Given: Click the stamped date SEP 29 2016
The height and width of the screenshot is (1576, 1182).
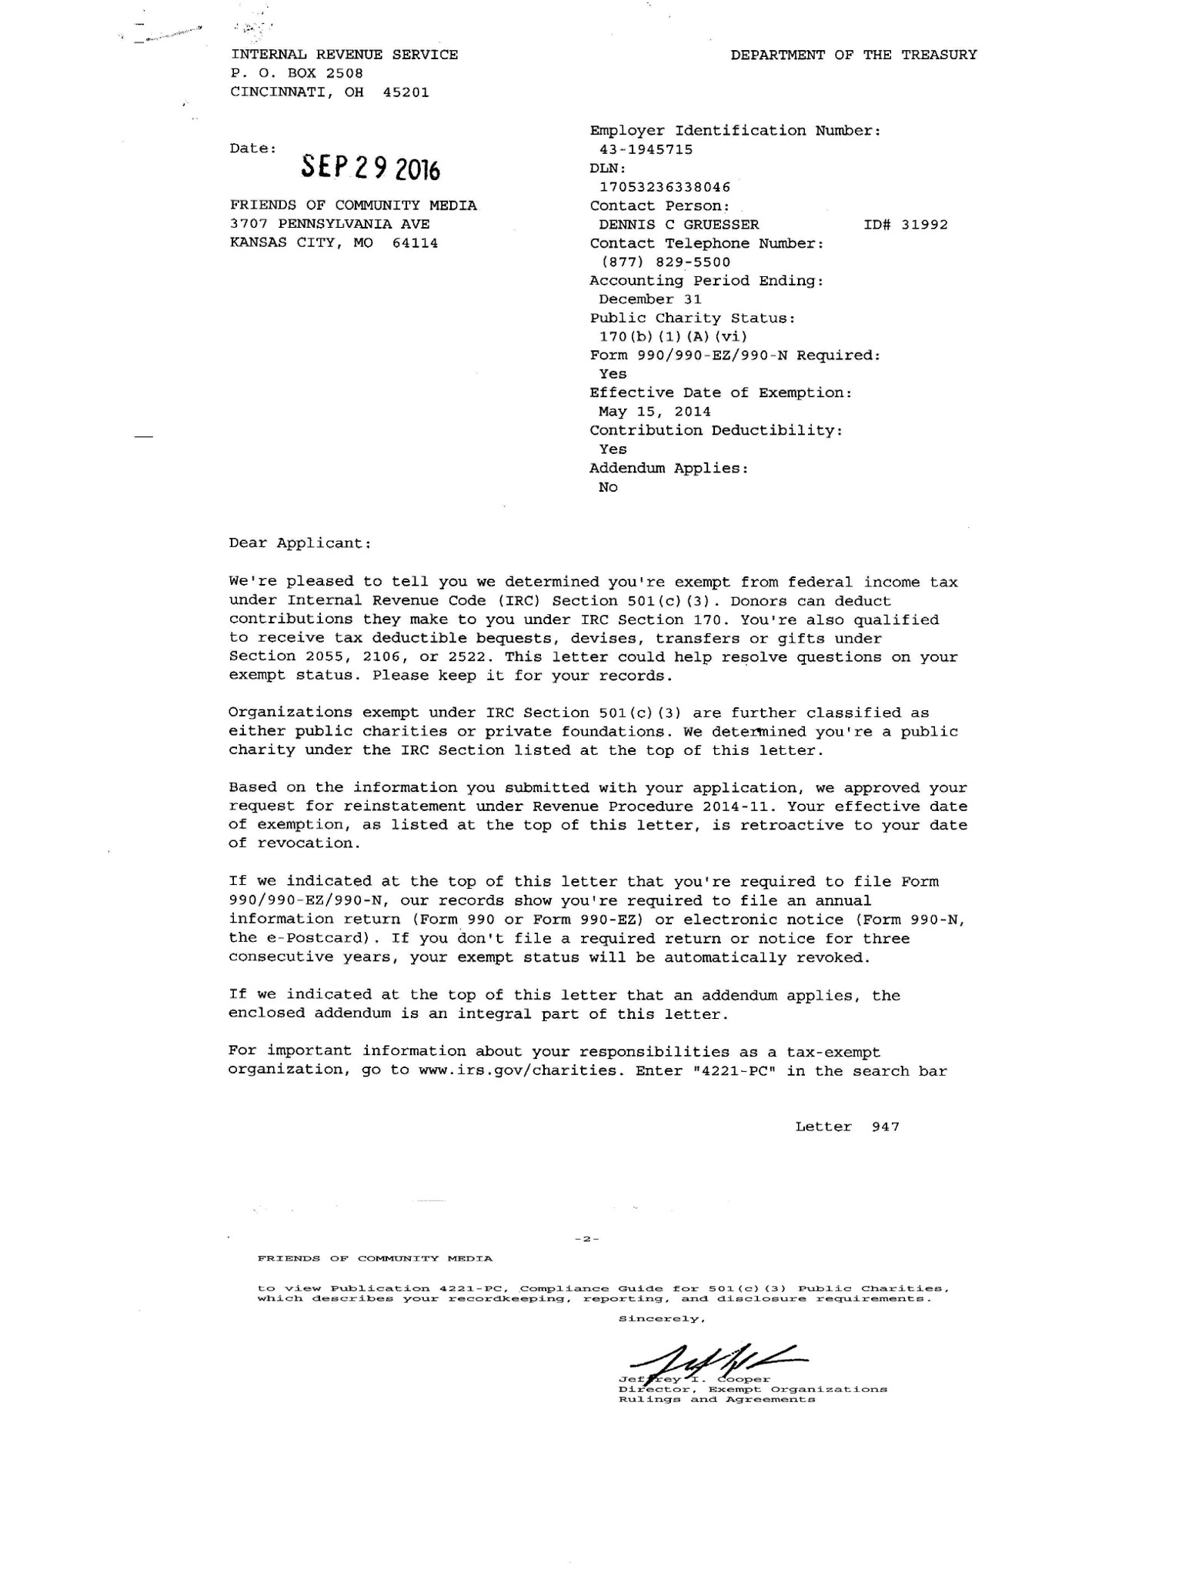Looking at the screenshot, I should tap(370, 166).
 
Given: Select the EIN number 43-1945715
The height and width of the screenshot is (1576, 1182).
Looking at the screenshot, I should tap(646, 149).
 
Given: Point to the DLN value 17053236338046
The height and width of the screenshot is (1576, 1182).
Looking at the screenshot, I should tap(665, 187).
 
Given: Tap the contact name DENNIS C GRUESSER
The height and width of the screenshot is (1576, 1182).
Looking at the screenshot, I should tap(679, 225).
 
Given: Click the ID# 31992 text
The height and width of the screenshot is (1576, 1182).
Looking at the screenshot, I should tap(906, 225).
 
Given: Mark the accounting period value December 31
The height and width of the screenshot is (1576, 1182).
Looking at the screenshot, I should tap(650, 299).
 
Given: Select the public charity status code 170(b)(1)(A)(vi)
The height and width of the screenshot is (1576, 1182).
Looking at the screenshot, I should tap(673, 337).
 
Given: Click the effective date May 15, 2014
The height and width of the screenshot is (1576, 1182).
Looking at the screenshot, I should tap(655, 412).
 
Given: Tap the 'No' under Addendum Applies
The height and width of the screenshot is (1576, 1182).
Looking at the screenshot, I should tap(608, 487).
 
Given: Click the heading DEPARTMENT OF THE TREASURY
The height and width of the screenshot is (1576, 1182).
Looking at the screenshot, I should tap(853, 55).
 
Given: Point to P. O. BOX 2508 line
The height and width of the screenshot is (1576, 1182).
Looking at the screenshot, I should tap(297, 74).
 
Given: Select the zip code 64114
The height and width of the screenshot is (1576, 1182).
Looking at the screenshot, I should tap(415, 243).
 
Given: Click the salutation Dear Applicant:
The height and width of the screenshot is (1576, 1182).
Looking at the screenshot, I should tap(300, 543).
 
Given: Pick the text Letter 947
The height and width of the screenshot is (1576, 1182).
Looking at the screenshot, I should tap(847, 1127).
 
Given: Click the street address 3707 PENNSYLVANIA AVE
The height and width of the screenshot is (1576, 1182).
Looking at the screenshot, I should tap(330, 225).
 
